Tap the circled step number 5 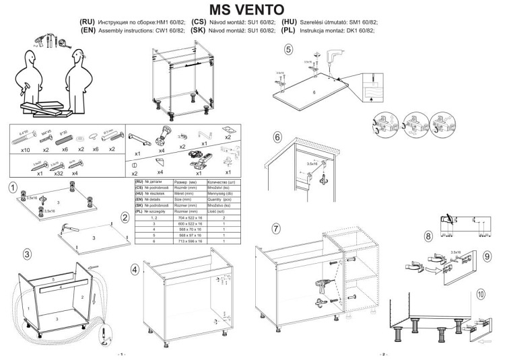[x=289, y=48]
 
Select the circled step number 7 [x=275, y=228]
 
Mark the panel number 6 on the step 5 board [x=314, y=91]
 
